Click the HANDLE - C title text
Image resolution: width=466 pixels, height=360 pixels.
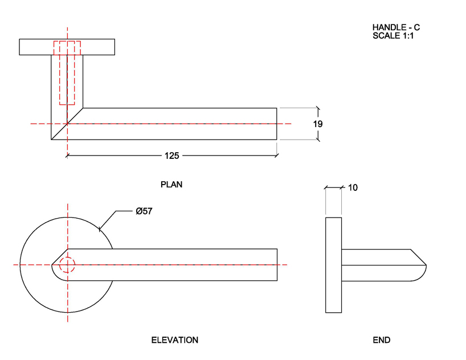[396, 27]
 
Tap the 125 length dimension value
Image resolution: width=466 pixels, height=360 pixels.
[171, 155]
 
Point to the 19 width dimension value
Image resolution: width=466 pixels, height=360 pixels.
[318, 124]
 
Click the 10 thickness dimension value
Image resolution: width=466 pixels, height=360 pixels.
[352, 187]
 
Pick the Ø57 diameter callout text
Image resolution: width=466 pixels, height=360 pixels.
[144, 211]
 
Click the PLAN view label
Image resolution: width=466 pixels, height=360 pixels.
[171, 185]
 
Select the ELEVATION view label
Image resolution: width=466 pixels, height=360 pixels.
[174, 340]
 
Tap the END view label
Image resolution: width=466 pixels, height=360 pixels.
[381, 340]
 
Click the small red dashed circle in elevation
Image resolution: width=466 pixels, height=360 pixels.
[67, 265]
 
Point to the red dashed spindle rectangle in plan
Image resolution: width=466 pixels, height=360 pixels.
[67, 73]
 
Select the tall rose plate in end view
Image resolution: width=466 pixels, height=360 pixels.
[333, 265]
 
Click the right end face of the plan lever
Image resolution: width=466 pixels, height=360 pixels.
[277, 124]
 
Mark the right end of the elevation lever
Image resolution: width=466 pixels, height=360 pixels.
[277, 265]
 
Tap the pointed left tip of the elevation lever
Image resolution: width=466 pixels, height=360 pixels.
[53, 264]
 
